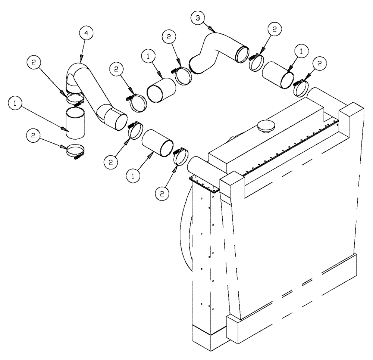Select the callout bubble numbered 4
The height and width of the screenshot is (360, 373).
point(86,32)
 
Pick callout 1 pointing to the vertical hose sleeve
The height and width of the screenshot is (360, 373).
point(15,105)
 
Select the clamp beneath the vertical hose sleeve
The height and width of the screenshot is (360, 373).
point(76,152)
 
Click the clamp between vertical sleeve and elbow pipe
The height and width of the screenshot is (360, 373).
point(75,99)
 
